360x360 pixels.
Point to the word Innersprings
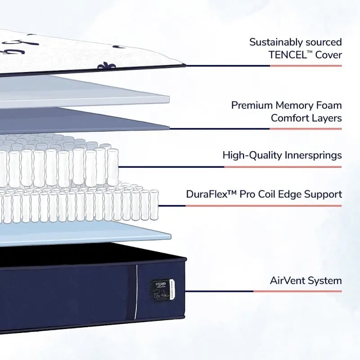point(313,155)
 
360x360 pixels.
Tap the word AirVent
point(287,281)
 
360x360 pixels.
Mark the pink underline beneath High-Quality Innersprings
point(283,166)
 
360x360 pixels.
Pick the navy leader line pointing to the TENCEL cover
point(227,66)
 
